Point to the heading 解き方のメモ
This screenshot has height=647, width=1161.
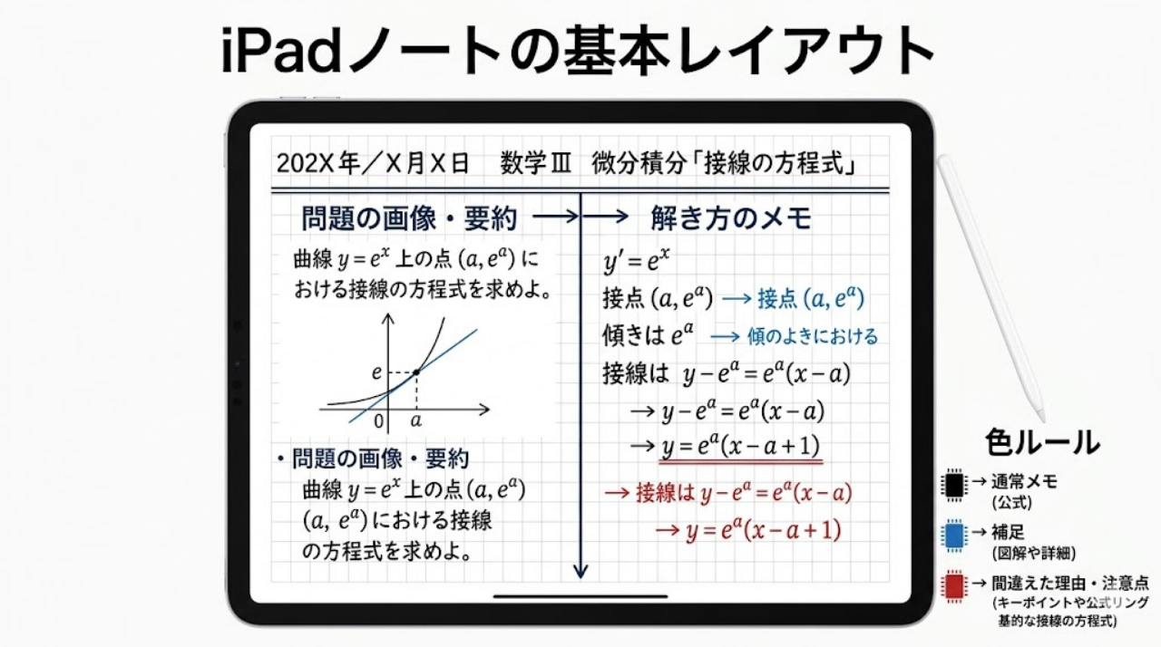point(730,218)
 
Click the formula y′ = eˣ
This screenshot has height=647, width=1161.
point(637,262)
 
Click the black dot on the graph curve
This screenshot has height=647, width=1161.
point(415,372)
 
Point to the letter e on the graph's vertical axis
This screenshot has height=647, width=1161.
point(376,372)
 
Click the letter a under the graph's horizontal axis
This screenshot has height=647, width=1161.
point(416,421)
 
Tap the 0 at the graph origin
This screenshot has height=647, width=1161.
point(379,422)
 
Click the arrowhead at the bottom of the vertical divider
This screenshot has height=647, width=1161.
point(580,570)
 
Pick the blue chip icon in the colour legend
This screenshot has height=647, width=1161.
point(953,534)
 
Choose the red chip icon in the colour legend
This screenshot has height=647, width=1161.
point(953,587)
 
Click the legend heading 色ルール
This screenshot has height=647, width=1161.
point(1042,442)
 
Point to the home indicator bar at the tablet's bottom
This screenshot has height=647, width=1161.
point(580,597)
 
